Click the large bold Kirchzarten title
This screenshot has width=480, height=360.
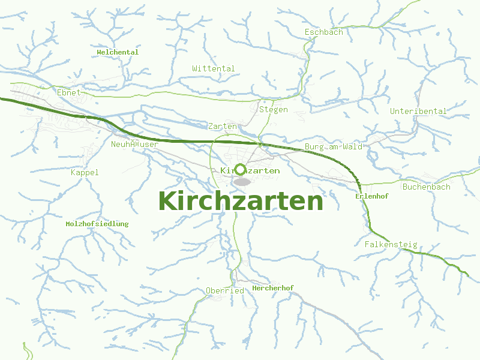coord(240,201)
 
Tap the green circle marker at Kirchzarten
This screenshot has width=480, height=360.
coord(241,170)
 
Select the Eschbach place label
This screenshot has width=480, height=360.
coord(324,32)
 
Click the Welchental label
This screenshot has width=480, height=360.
coord(118,52)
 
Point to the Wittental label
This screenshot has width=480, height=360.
coord(214,68)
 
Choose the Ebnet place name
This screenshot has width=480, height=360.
coord(68,93)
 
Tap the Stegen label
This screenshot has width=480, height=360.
coord(274,110)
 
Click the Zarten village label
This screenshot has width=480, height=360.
coord(223,127)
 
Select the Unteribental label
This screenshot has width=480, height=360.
coord(418,111)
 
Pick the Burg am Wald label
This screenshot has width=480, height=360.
coord(334,147)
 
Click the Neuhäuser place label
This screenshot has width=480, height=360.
coord(135,145)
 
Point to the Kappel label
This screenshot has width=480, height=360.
coord(85,173)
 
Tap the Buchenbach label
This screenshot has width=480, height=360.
coord(427,187)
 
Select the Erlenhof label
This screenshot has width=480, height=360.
coord(372,196)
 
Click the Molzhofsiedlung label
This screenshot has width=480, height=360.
coord(97,224)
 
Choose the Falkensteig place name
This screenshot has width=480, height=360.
coord(391,244)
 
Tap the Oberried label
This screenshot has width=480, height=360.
coord(225,290)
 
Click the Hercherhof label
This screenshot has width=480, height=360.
coord(273,288)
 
